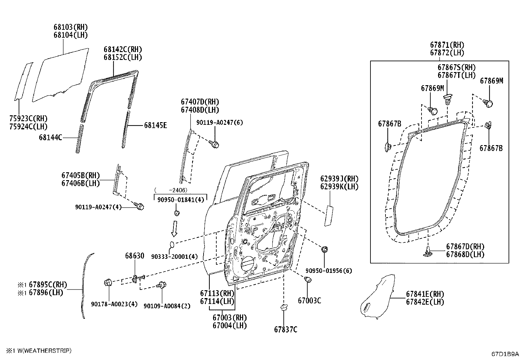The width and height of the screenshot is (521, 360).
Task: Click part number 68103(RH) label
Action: pyautogui.click(x=71, y=27)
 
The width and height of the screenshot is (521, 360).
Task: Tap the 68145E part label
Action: pyautogui.click(x=155, y=125)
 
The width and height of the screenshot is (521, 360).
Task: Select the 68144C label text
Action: pyautogui.click(x=50, y=138)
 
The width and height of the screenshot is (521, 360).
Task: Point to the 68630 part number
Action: pyautogui.click(x=135, y=256)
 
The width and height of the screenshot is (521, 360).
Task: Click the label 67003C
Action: pyautogui.click(x=309, y=300)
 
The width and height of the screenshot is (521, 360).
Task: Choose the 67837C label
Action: pyautogui.click(x=286, y=330)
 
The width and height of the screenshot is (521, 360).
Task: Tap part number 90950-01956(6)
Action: pyautogui.click(x=329, y=271)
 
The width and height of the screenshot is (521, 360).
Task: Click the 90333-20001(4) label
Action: pyautogui.click(x=174, y=256)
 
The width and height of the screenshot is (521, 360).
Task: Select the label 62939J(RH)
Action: pyautogui.click(x=339, y=179)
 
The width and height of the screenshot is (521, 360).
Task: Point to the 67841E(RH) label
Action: pyautogui.click(x=425, y=294)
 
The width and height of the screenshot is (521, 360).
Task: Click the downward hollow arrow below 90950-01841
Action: pyautogui.click(x=174, y=228)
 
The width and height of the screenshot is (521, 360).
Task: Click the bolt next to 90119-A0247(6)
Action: pyautogui.click(x=215, y=144)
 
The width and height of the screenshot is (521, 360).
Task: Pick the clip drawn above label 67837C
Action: pyautogui.click(x=283, y=308)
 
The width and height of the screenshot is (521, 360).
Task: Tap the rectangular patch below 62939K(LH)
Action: pyautogui.click(x=329, y=216)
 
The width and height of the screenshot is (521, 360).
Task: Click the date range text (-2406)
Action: pyautogui.click(x=171, y=190)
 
